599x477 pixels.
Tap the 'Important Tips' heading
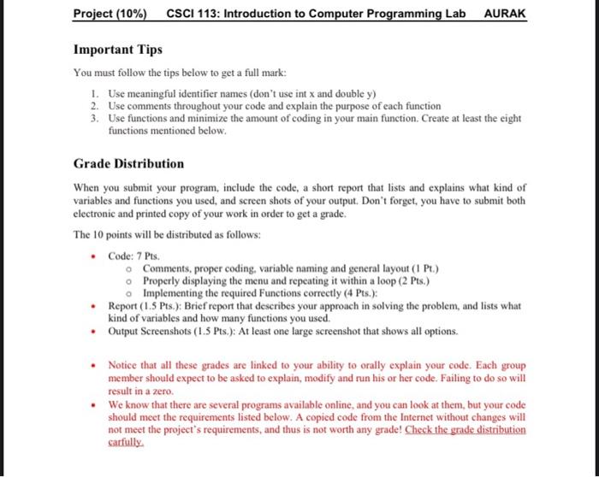tap(118, 50)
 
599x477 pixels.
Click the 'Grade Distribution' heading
tap(128, 163)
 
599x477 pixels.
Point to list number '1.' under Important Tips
tap(96, 93)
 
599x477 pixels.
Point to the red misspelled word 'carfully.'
tap(127, 445)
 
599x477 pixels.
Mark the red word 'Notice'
tap(123, 365)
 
